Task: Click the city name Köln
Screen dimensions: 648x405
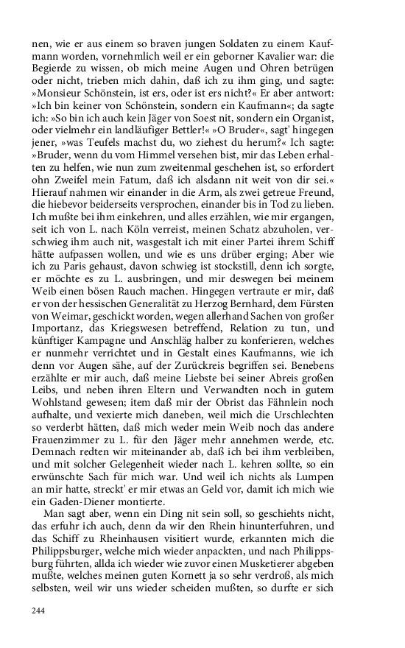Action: tap(130, 250)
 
